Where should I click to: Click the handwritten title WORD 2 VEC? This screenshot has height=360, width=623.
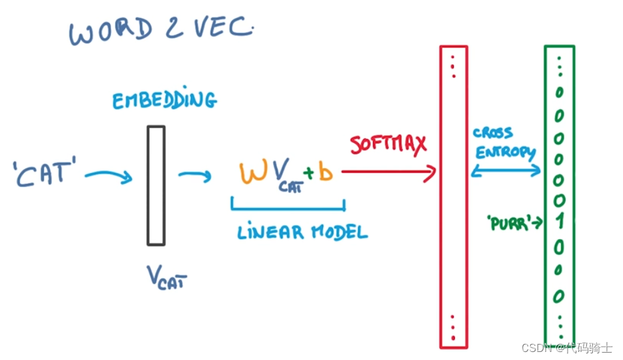(x=161, y=31)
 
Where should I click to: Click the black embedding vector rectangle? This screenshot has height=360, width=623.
(x=156, y=186)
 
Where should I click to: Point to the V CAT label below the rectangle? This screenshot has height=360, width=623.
(x=166, y=277)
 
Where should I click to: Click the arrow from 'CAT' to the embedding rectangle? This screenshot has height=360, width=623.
(x=108, y=175)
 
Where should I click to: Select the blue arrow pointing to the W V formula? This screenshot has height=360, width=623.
(x=195, y=175)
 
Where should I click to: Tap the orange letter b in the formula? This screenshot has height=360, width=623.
(x=325, y=172)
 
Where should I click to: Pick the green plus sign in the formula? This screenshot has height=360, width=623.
(x=308, y=172)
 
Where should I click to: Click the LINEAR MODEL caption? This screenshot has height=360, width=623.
(x=302, y=232)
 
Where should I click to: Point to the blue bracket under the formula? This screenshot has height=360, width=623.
(x=288, y=208)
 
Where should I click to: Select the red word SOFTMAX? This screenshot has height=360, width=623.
(x=388, y=144)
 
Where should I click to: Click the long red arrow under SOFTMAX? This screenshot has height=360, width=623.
(x=389, y=172)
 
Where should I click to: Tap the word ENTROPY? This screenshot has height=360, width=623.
(x=505, y=152)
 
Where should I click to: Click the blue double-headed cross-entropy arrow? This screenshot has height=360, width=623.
(x=505, y=171)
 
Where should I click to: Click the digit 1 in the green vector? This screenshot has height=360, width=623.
(x=560, y=221)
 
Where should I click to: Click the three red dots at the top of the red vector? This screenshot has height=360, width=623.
(x=453, y=67)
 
